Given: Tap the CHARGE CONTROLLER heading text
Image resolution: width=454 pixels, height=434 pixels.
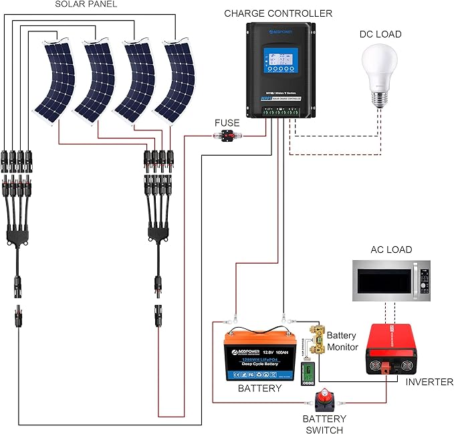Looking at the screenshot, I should coord(277,13).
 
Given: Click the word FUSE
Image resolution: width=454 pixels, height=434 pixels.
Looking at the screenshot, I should coord(227,123).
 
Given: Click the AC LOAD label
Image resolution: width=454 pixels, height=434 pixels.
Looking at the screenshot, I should coord(392,249).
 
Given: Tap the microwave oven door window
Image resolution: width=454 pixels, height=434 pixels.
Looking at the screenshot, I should coord(384,282).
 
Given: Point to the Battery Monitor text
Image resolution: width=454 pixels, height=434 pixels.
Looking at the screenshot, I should coord(343,341).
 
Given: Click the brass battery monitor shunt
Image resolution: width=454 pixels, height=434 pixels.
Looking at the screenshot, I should coord(316,341).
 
